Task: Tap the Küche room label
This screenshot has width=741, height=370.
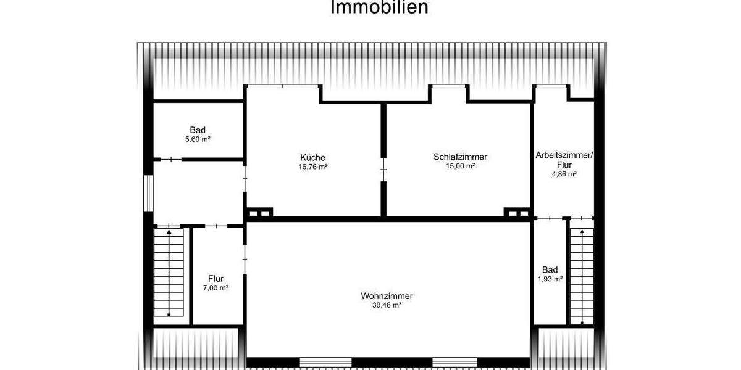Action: [312, 157]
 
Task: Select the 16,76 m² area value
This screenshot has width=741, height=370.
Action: [312, 166]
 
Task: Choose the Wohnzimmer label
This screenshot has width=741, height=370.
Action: [387, 296]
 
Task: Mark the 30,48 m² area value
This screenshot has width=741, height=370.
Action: [387, 305]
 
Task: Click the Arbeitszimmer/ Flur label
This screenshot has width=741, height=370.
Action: [564, 160]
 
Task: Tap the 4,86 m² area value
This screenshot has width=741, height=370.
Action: [564, 175]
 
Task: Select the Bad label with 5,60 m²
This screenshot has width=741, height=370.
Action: [198, 130]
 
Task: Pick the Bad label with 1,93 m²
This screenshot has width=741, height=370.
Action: [550, 270]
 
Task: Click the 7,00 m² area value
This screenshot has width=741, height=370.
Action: [216, 288]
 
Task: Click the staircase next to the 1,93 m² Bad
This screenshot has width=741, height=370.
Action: [581, 275]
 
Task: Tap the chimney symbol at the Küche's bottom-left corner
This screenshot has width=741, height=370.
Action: [258, 213]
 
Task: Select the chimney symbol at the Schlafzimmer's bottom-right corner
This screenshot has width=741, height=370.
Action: [517, 213]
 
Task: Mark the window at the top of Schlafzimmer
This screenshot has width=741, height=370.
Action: [448, 87]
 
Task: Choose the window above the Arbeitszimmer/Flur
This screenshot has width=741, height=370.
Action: [550, 87]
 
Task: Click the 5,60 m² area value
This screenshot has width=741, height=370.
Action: [198, 139]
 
